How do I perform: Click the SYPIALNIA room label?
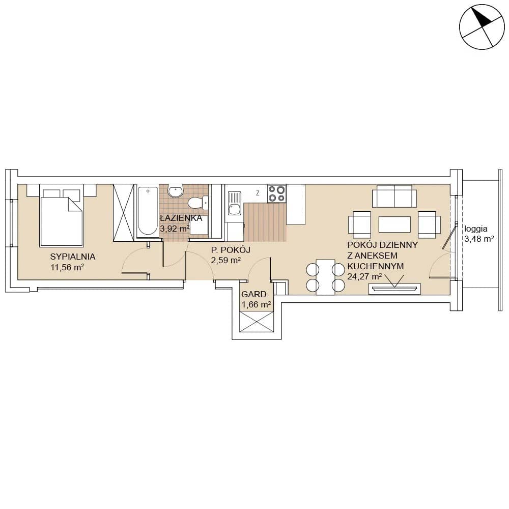click(73, 257)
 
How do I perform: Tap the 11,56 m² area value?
click(67, 268)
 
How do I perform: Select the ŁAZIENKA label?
click(181, 218)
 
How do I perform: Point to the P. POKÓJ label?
click(231, 250)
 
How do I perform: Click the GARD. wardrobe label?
click(255, 294)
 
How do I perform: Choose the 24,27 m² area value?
click(364, 277)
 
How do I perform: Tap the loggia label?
click(476, 229)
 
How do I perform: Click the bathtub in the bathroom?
click(148, 210)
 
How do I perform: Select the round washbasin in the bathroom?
click(176, 191)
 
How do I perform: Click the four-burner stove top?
click(276, 193)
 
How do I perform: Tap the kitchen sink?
click(234, 204)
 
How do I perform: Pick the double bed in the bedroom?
click(61, 216)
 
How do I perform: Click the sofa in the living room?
click(394, 196)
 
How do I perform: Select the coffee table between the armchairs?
click(394, 224)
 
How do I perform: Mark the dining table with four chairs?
click(326, 277)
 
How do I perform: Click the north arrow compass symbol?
click(482, 26)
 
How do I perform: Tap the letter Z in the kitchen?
click(258, 193)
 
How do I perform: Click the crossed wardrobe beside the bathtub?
click(123, 213)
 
